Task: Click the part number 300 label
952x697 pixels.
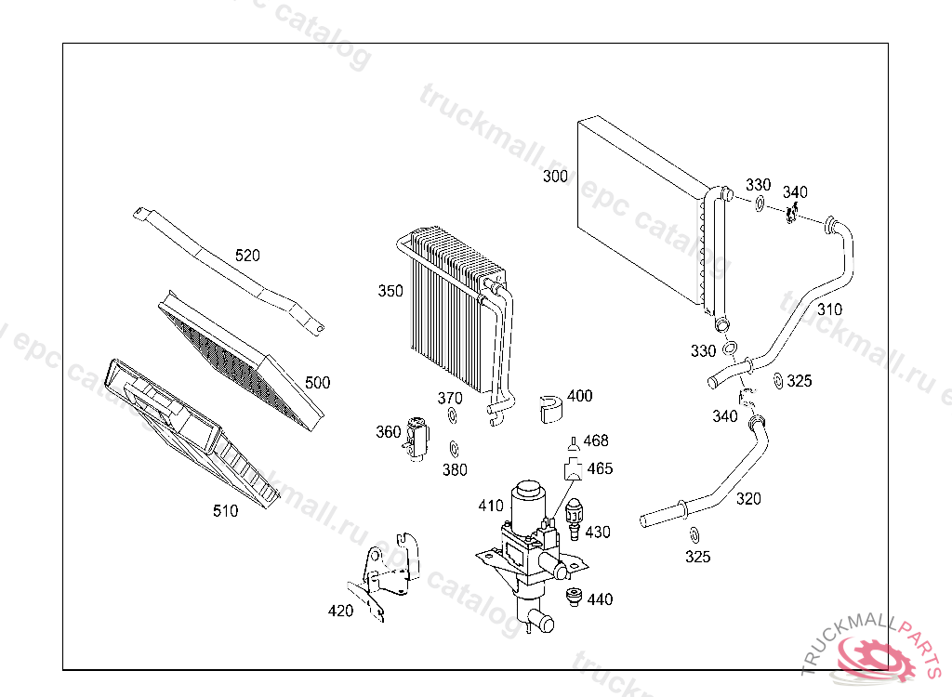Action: click(555, 176)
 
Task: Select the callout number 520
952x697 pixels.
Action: click(247, 255)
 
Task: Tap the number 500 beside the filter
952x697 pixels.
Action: click(318, 382)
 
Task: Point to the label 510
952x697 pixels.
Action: click(225, 510)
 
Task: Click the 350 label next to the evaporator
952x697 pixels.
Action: click(390, 291)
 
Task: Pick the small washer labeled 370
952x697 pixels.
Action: click(453, 414)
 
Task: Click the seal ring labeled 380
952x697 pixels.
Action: click(453, 447)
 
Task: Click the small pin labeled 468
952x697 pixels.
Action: click(573, 442)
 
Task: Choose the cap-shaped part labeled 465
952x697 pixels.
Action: click(572, 467)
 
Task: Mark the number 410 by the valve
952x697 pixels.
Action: click(491, 506)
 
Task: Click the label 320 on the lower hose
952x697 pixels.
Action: click(748, 499)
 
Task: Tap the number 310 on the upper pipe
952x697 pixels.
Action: click(830, 309)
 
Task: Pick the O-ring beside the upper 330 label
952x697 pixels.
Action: click(760, 203)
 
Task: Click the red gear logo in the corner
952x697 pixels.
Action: click(875, 658)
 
